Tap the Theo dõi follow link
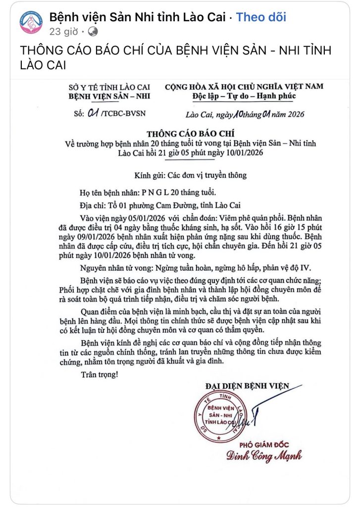pyautogui.click(x=261, y=17)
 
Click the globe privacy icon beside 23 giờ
pyautogui.click(x=92, y=32)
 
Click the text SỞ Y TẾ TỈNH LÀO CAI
pyautogui.click(x=110, y=87)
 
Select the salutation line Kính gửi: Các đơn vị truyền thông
pyautogui.click(x=191, y=175)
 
